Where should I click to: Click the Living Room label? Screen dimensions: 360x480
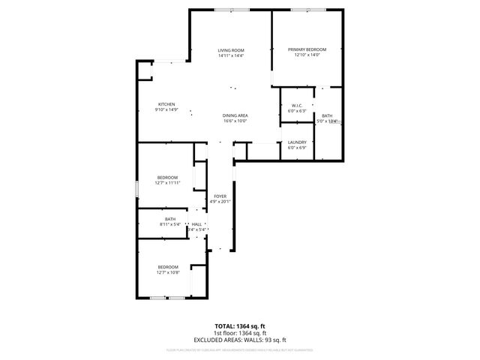tap(231, 50)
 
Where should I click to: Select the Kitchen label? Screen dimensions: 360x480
tap(166, 104)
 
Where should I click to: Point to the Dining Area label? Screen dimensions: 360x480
tap(235, 115)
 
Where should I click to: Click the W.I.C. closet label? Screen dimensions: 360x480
tap(297, 106)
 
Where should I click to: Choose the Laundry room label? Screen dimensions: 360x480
tap(297, 142)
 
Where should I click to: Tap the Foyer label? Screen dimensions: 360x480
tap(220, 196)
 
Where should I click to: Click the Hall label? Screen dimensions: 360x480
tap(196, 224)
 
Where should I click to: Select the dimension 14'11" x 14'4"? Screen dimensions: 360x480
tap(231, 55)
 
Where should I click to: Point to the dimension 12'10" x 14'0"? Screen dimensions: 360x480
tap(307, 55)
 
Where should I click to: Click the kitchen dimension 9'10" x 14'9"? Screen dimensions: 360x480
tap(166, 109)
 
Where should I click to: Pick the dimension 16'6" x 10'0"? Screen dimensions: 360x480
tap(235, 120)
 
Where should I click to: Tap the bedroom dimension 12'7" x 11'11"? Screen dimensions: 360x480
tap(167, 182)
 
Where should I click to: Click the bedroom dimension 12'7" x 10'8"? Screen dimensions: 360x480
tap(167, 272)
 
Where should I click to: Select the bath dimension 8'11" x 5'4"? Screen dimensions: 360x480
tap(170, 224)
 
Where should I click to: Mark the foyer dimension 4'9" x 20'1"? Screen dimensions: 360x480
tap(220, 201)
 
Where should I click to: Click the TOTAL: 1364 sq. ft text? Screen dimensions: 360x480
tap(240, 326)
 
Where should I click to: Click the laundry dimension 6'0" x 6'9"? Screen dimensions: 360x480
tap(297, 148)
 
